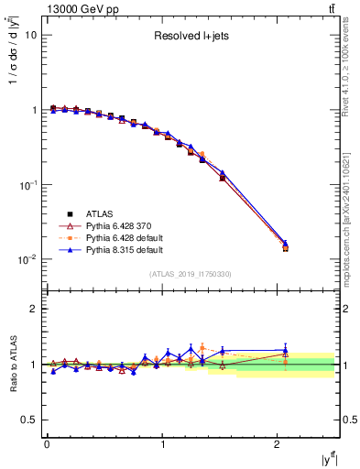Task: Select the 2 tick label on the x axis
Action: tap(278, 444)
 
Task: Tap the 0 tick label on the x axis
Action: tap(47, 444)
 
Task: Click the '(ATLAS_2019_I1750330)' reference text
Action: tap(191, 274)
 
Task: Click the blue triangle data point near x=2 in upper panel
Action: tap(285, 244)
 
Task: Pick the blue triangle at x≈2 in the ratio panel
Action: tap(285, 350)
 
